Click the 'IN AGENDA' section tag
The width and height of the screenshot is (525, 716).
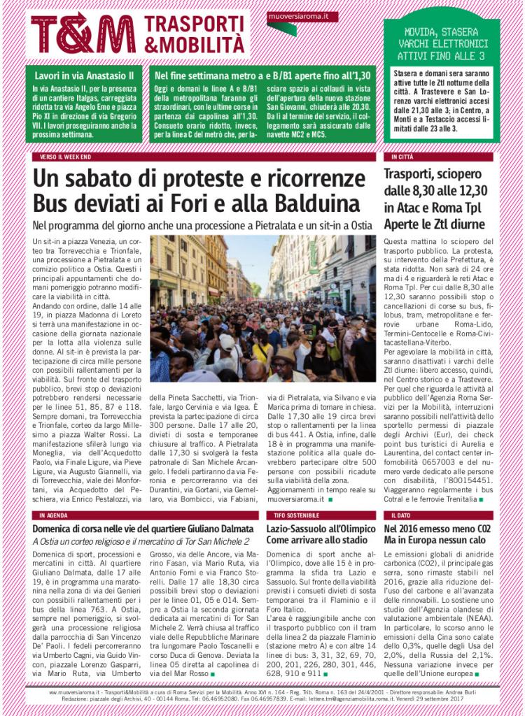click(x=54, y=515)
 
